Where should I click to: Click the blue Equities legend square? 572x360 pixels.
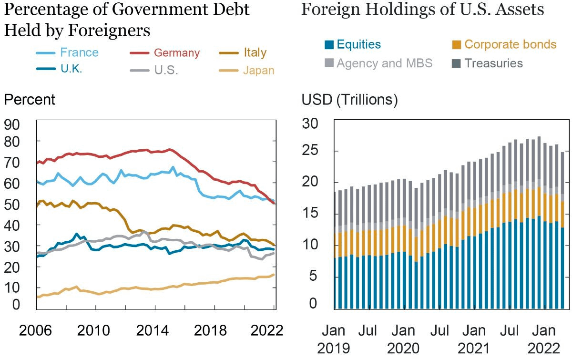coord(329,45)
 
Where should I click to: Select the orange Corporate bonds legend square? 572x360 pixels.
coord(457,45)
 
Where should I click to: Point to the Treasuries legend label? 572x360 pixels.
coord(493,63)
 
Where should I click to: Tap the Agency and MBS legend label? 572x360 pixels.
coord(384,63)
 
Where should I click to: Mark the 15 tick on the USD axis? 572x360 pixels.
coord(312,215)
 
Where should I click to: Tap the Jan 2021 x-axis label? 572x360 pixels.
coord(474,339)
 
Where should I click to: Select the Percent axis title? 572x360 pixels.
coord(30,100)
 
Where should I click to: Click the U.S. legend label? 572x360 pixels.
coord(166,70)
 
